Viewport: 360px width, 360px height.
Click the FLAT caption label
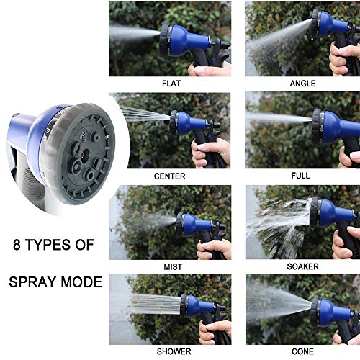(x=171, y=84)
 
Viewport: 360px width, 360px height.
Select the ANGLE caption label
(x=302, y=84)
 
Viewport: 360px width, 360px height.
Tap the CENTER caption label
(x=170, y=176)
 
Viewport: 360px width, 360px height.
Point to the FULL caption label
(x=300, y=176)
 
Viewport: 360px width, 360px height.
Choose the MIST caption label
(x=173, y=267)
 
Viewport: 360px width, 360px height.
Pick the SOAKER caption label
(x=303, y=266)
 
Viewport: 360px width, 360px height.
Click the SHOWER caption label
(x=174, y=351)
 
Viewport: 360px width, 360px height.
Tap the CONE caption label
(x=303, y=351)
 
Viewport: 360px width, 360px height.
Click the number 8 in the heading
(x=17, y=245)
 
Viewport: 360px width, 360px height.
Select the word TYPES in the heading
(x=48, y=245)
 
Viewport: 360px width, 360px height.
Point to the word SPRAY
(x=33, y=282)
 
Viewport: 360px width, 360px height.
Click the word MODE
(x=81, y=282)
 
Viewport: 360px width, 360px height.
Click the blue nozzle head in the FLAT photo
(x=185, y=40)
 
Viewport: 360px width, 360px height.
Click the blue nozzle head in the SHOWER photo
(x=197, y=305)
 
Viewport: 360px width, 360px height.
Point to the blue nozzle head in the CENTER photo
(x=188, y=123)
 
